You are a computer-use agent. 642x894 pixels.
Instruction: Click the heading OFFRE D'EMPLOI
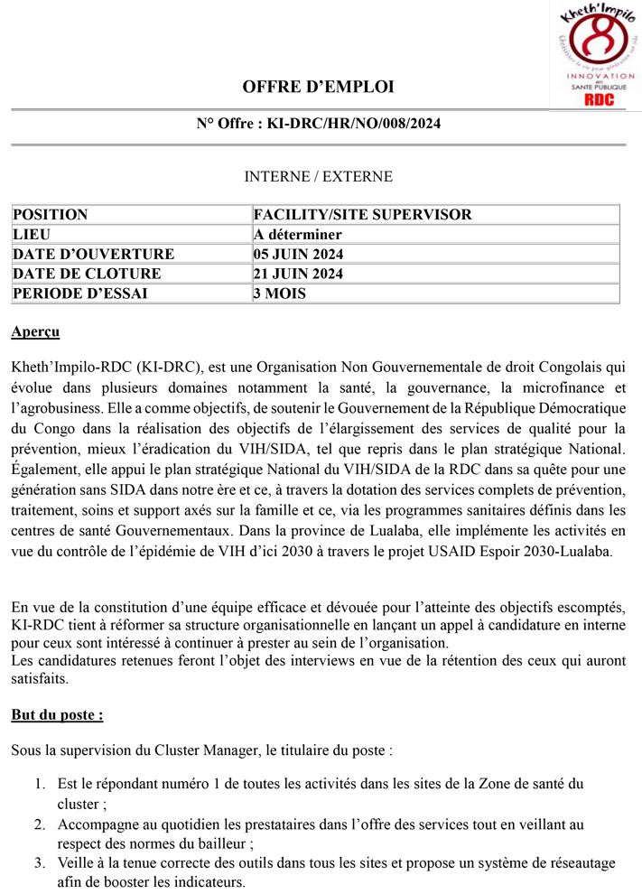[x=319, y=88]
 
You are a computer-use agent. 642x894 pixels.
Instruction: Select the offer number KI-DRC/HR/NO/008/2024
[x=354, y=124]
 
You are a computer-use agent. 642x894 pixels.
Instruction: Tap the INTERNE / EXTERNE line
[x=319, y=177]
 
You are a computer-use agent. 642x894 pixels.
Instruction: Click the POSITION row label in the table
[x=51, y=215]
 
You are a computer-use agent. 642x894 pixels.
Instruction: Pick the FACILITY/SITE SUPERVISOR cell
[x=363, y=215]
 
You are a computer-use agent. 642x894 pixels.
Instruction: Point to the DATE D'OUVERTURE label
[x=94, y=255]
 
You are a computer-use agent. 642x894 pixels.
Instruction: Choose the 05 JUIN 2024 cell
[x=299, y=255]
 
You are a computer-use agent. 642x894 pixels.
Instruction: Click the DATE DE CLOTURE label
[x=88, y=274]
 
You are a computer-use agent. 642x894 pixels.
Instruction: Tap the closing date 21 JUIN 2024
[x=298, y=274]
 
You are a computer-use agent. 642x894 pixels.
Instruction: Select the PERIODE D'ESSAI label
[x=80, y=293]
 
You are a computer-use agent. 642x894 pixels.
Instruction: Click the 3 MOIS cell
[x=281, y=293]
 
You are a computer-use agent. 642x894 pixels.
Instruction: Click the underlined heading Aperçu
[x=36, y=332]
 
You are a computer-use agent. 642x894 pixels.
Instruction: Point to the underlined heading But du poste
[x=57, y=715]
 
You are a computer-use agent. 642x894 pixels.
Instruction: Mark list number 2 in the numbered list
[x=41, y=824]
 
